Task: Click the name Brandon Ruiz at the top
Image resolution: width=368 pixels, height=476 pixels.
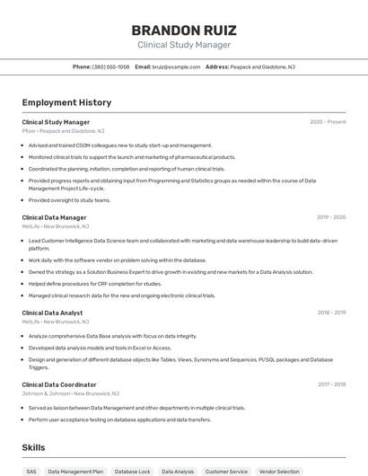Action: pyautogui.click(x=184, y=30)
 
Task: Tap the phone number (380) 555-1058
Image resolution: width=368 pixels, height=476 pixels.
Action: pyautogui.click(x=110, y=66)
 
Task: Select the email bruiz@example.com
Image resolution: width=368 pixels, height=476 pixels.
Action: pyautogui.click(x=176, y=66)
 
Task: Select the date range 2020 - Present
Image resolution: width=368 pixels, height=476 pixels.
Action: pyautogui.click(x=328, y=122)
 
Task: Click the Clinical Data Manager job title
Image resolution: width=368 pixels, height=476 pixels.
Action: pyautogui.click(x=54, y=217)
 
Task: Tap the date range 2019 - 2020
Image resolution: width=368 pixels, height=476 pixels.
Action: pyautogui.click(x=331, y=217)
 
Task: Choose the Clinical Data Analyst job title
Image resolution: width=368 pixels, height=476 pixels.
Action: pyautogui.click(x=52, y=313)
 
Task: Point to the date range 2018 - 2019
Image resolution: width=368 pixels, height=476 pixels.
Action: pyautogui.click(x=331, y=313)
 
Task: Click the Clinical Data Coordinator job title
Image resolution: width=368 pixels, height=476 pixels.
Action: pyautogui.click(x=59, y=384)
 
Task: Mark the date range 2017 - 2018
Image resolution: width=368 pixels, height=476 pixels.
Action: pyautogui.click(x=331, y=384)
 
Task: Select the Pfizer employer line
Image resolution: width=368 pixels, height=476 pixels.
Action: pyautogui.click(x=63, y=131)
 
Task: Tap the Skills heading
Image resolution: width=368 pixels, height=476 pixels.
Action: pyautogui.click(x=33, y=447)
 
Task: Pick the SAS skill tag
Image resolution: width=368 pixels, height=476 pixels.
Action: pyautogui.click(x=31, y=471)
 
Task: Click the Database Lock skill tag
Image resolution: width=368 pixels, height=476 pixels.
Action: pyautogui.click(x=132, y=471)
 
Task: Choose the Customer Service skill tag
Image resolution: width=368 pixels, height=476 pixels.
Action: pyautogui.click(x=226, y=471)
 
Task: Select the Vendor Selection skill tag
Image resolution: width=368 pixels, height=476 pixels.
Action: pyautogui.click(x=279, y=471)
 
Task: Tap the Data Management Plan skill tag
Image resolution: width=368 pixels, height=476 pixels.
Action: pyautogui.click(x=75, y=471)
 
